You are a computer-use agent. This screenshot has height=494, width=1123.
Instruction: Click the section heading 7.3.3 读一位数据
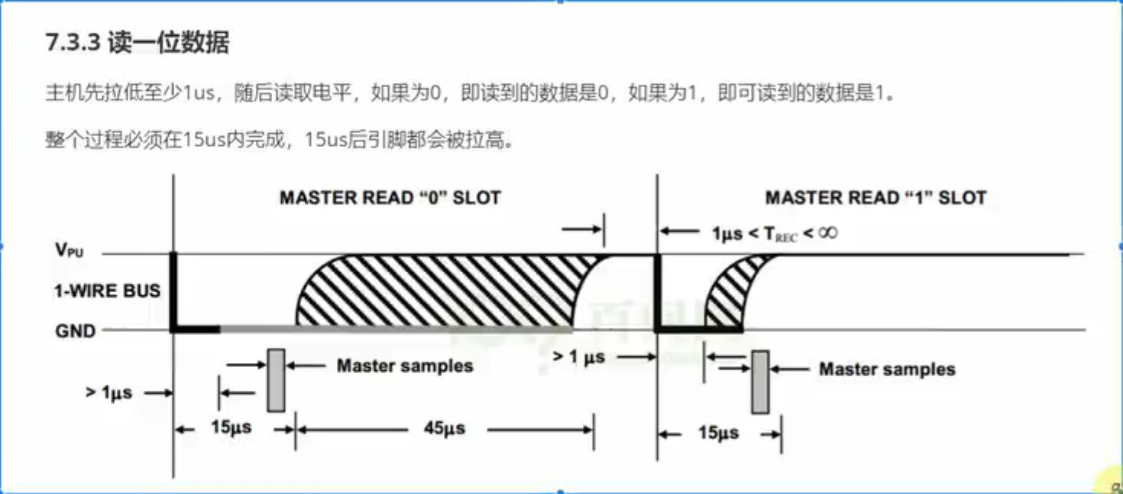[x=138, y=43]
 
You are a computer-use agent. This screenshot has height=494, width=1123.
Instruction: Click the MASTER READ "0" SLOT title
[x=390, y=198]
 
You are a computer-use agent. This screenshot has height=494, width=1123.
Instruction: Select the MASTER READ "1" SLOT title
[x=875, y=198]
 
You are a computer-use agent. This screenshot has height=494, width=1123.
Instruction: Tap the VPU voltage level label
[x=70, y=249]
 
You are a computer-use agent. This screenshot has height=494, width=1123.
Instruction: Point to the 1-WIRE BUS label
[x=108, y=291]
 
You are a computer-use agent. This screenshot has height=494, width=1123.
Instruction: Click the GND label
[x=76, y=331]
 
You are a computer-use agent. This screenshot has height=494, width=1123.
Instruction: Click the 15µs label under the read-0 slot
[x=231, y=427]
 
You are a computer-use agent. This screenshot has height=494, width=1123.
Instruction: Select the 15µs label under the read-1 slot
[x=718, y=433]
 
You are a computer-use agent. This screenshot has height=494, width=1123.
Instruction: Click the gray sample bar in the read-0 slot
[x=276, y=380]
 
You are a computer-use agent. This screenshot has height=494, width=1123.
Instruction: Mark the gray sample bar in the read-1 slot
[x=759, y=382]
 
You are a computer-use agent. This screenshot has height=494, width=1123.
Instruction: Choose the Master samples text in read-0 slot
[x=405, y=366]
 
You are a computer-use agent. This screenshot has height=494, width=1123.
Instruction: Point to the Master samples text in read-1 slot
[x=887, y=369]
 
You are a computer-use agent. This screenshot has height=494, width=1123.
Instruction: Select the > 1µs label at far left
[x=108, y=393]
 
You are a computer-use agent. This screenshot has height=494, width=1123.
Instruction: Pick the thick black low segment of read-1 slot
[x=699, y=330]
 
